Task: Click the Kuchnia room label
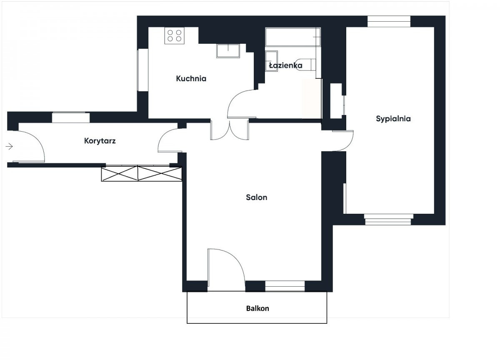(x=191, y=79)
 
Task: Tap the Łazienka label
(x=286, y=65)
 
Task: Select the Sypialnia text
(x=393, y=119)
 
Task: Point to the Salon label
(x=257, y=197)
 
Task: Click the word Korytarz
(x=100, y=141)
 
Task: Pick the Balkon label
(x=257, y=308)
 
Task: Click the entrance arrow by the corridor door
(x=9, y=146)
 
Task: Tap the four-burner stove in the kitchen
(x=174, y=35)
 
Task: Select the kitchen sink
(x=228, y=51)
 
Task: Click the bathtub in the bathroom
(x=293, y=37)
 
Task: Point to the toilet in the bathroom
(x=305, y=65)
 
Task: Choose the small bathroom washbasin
(x=271, y=61)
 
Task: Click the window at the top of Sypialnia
(x=389, y=21)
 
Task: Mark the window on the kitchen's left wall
(x=142, y=70)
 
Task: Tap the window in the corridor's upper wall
(x=71, y=117)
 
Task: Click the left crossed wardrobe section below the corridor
(x=120, y=173)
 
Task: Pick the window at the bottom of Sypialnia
(x=388, y=220)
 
